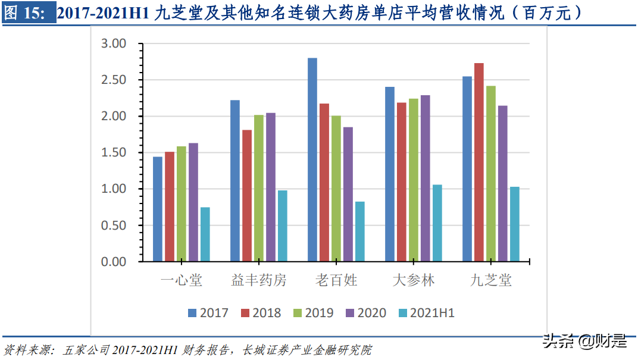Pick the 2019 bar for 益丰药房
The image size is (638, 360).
pos(259,188)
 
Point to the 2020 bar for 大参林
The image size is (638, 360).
pos(425,178)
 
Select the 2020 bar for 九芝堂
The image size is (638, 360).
pos(502,183)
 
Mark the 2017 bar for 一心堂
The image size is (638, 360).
pos(158,209)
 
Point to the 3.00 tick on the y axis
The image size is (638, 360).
pos(114,43)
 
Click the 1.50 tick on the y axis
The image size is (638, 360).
pos(114,152)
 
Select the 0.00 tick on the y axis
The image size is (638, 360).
pos(114,262)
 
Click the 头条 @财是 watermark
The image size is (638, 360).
pos(584,341)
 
